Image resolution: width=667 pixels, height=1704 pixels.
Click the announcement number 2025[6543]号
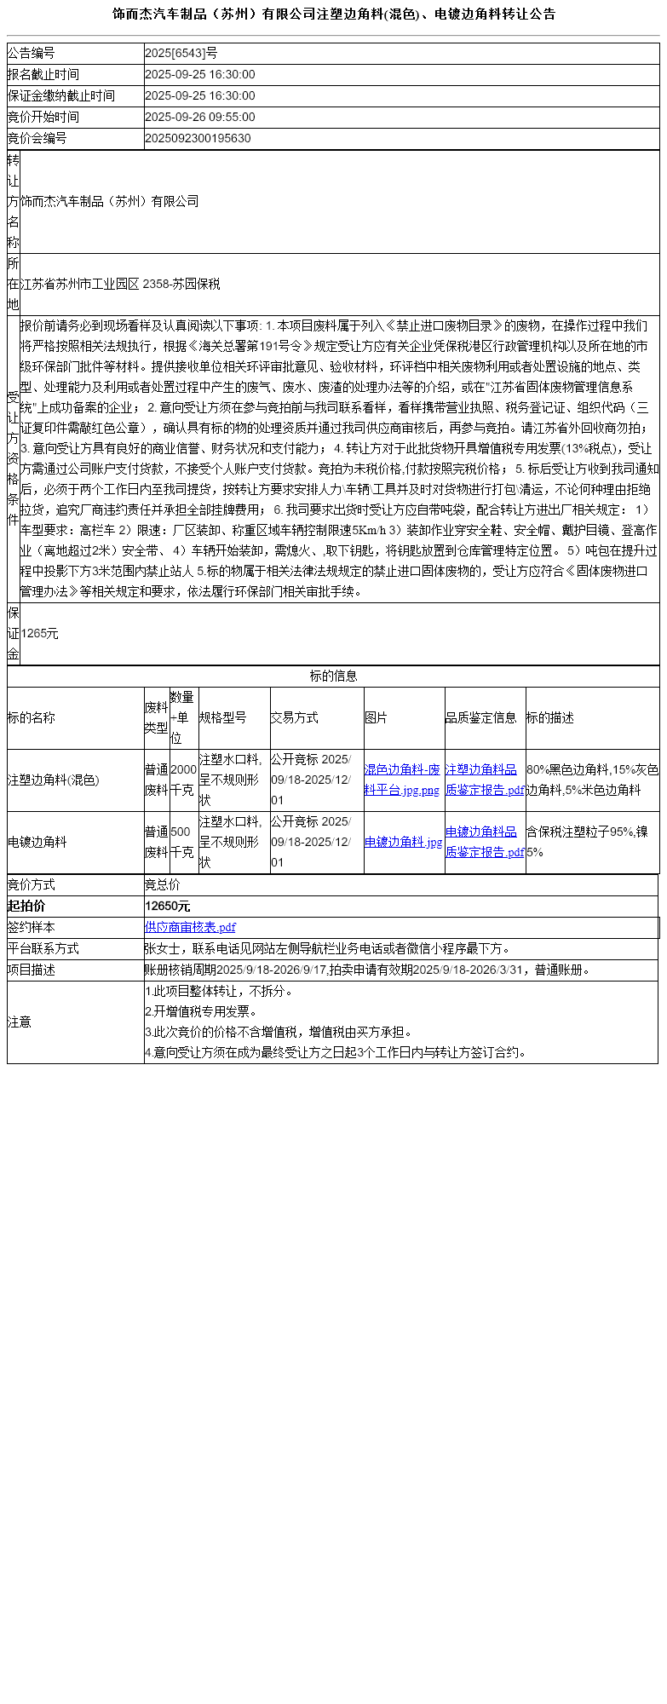point(181,54)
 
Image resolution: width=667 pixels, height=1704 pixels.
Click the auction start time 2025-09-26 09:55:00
point(200,118)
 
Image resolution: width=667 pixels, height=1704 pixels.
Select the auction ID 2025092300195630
point(198,139)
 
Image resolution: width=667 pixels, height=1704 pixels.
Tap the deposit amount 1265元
point(40,634)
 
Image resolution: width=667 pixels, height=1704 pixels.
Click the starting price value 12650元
point(168,907)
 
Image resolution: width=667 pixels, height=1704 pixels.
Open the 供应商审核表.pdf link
point(190,927)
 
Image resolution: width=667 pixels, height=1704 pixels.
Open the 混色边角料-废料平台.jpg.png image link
point(402,780)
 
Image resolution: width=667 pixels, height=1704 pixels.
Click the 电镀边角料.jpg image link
point(403,842)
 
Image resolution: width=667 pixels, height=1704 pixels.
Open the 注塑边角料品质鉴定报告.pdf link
point(484,780)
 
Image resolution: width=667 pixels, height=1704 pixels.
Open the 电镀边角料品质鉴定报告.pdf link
point(484,842)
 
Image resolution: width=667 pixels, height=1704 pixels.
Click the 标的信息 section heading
point(333,676)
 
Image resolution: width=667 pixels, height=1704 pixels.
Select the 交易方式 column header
point(294,718)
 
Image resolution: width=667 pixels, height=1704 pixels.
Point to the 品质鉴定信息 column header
point(481,718)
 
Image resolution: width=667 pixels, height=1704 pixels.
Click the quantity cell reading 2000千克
point(183,780)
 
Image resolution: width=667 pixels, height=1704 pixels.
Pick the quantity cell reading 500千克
point(181,842)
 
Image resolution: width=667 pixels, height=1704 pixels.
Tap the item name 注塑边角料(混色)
point(54,780)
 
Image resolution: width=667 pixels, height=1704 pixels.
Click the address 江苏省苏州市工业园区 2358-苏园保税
point(120,285)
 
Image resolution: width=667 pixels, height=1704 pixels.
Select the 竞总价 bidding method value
point(163,885)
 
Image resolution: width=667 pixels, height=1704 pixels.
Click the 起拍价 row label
point(26,907)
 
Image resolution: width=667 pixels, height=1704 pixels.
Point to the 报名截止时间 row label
point(43,75)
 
